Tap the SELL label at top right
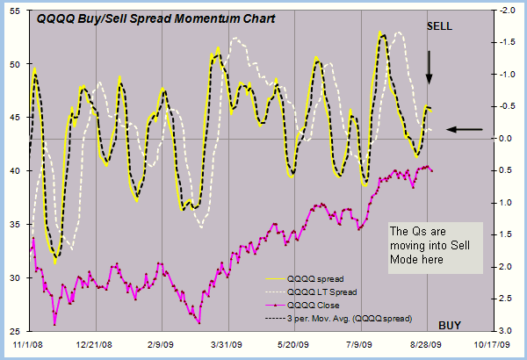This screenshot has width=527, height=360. tap(439, 26)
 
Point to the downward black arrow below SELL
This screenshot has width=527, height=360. tap(429, 68)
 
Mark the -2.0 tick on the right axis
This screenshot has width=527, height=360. tap(505, 11)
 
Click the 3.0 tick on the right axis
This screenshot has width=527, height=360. tap(504, 330)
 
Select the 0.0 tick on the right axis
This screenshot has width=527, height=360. tap(504, 139)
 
